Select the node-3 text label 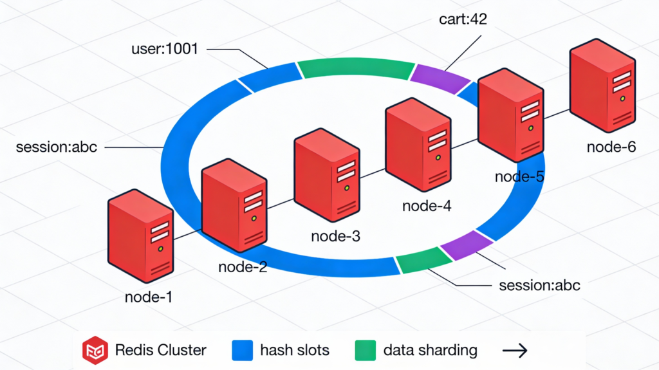335,236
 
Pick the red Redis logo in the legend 94,351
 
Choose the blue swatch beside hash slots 240,351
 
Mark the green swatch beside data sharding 364,351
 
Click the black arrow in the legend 515,351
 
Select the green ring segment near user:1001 355,68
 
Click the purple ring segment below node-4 465,245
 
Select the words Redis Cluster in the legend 161,351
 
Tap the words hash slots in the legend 295,351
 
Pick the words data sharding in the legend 430,351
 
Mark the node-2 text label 243,267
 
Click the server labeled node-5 510,115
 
